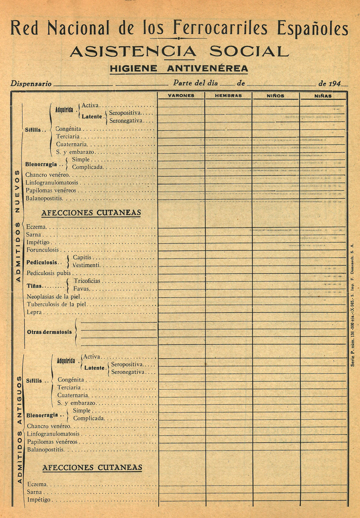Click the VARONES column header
point(181,96)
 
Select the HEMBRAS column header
point(228,96)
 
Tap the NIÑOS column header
point(276,96)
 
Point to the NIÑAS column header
point(323,96)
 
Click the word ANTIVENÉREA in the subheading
point(208,69)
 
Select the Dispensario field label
point(31,84)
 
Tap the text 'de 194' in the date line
point(330,84)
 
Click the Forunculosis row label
point(43,250)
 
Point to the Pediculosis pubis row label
point(49,273)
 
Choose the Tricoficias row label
point(87,281)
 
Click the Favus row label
point(81,289)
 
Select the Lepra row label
point(34,312)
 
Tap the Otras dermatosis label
point(49,332)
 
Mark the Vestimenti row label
point(86,265)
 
